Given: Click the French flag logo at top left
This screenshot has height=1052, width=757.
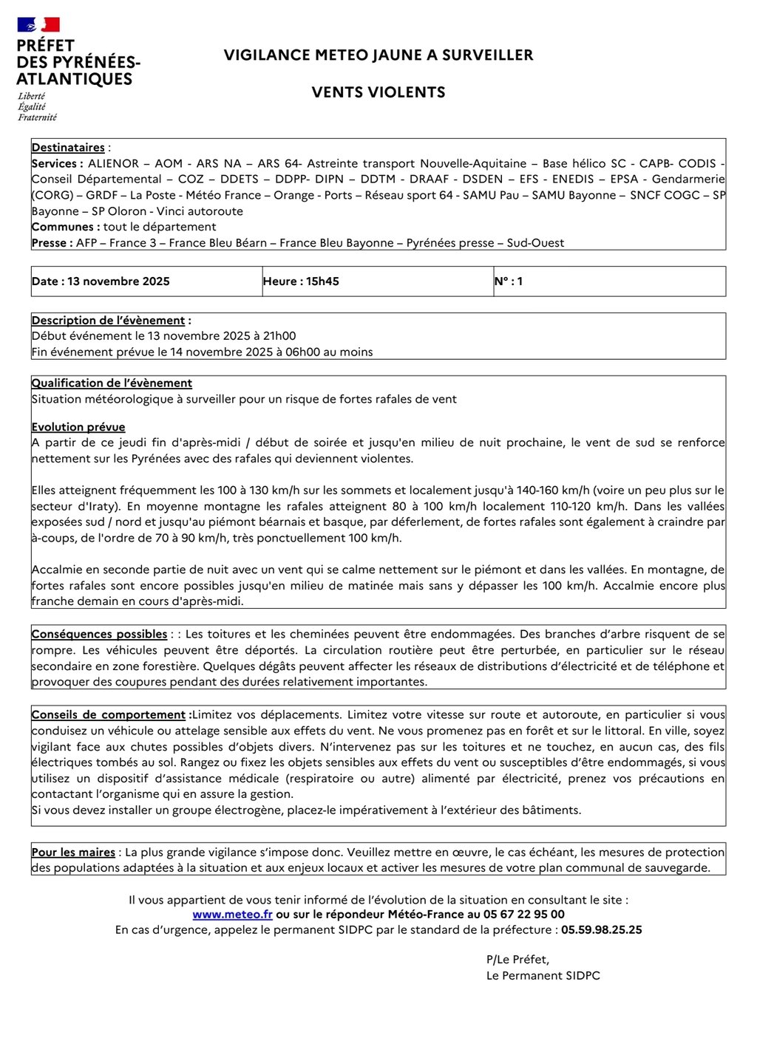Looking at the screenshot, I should (x=38, y=25).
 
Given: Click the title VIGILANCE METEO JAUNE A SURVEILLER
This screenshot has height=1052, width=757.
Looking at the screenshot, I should (x=378, y=55).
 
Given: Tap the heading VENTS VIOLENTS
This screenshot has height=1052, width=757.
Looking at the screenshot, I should (x=378, y=92).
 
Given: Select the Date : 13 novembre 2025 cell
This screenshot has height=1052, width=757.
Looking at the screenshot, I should (x=101, y=281).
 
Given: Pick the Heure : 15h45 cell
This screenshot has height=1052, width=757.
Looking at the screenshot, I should (x=301, y=281).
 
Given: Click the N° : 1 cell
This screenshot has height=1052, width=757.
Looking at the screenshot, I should (x=509, y=281).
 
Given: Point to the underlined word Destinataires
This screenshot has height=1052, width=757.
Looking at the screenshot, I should (x=68, y=148).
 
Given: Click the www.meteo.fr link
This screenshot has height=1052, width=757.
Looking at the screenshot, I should (x=232, y=915).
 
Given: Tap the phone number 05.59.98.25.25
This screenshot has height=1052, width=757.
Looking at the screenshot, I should (x=601, y=930).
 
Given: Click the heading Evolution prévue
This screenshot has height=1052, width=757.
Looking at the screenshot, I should (x=78, y=427).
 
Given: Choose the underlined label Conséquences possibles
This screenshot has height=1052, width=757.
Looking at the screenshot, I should (x=99, y=634).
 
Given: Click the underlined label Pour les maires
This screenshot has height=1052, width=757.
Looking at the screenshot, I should (x=73, y=853).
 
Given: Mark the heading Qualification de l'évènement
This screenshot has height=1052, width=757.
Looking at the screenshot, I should (x=112, y=383).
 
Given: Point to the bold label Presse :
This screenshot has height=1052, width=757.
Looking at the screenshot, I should (x=52, y=243).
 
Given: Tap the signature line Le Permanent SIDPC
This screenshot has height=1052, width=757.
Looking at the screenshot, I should (x=543, y=976).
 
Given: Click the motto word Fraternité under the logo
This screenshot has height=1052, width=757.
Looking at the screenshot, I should (x=38, y=117).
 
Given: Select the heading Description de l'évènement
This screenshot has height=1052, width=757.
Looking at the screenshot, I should (x=109, y=321).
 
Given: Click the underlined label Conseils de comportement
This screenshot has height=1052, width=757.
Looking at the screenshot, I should (x=109, y=715).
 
